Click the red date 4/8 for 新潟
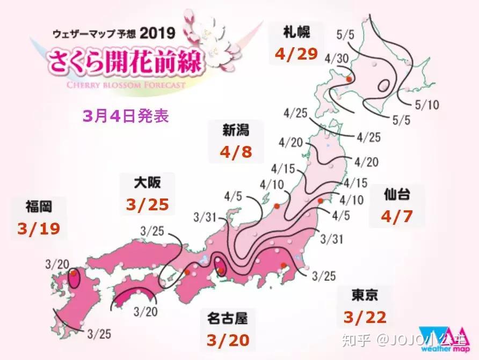[x=235, y=151]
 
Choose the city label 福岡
[x=38, y=206]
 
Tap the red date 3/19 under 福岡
[x=38, y=229]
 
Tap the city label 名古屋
[x=228, y=318]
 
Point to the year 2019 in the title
[x=157, y=33]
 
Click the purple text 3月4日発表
[x=126, y=116]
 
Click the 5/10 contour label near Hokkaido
[x=427, y=104]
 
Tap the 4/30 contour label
[x=337, y=57]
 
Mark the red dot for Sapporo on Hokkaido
[x=349, y=79]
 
